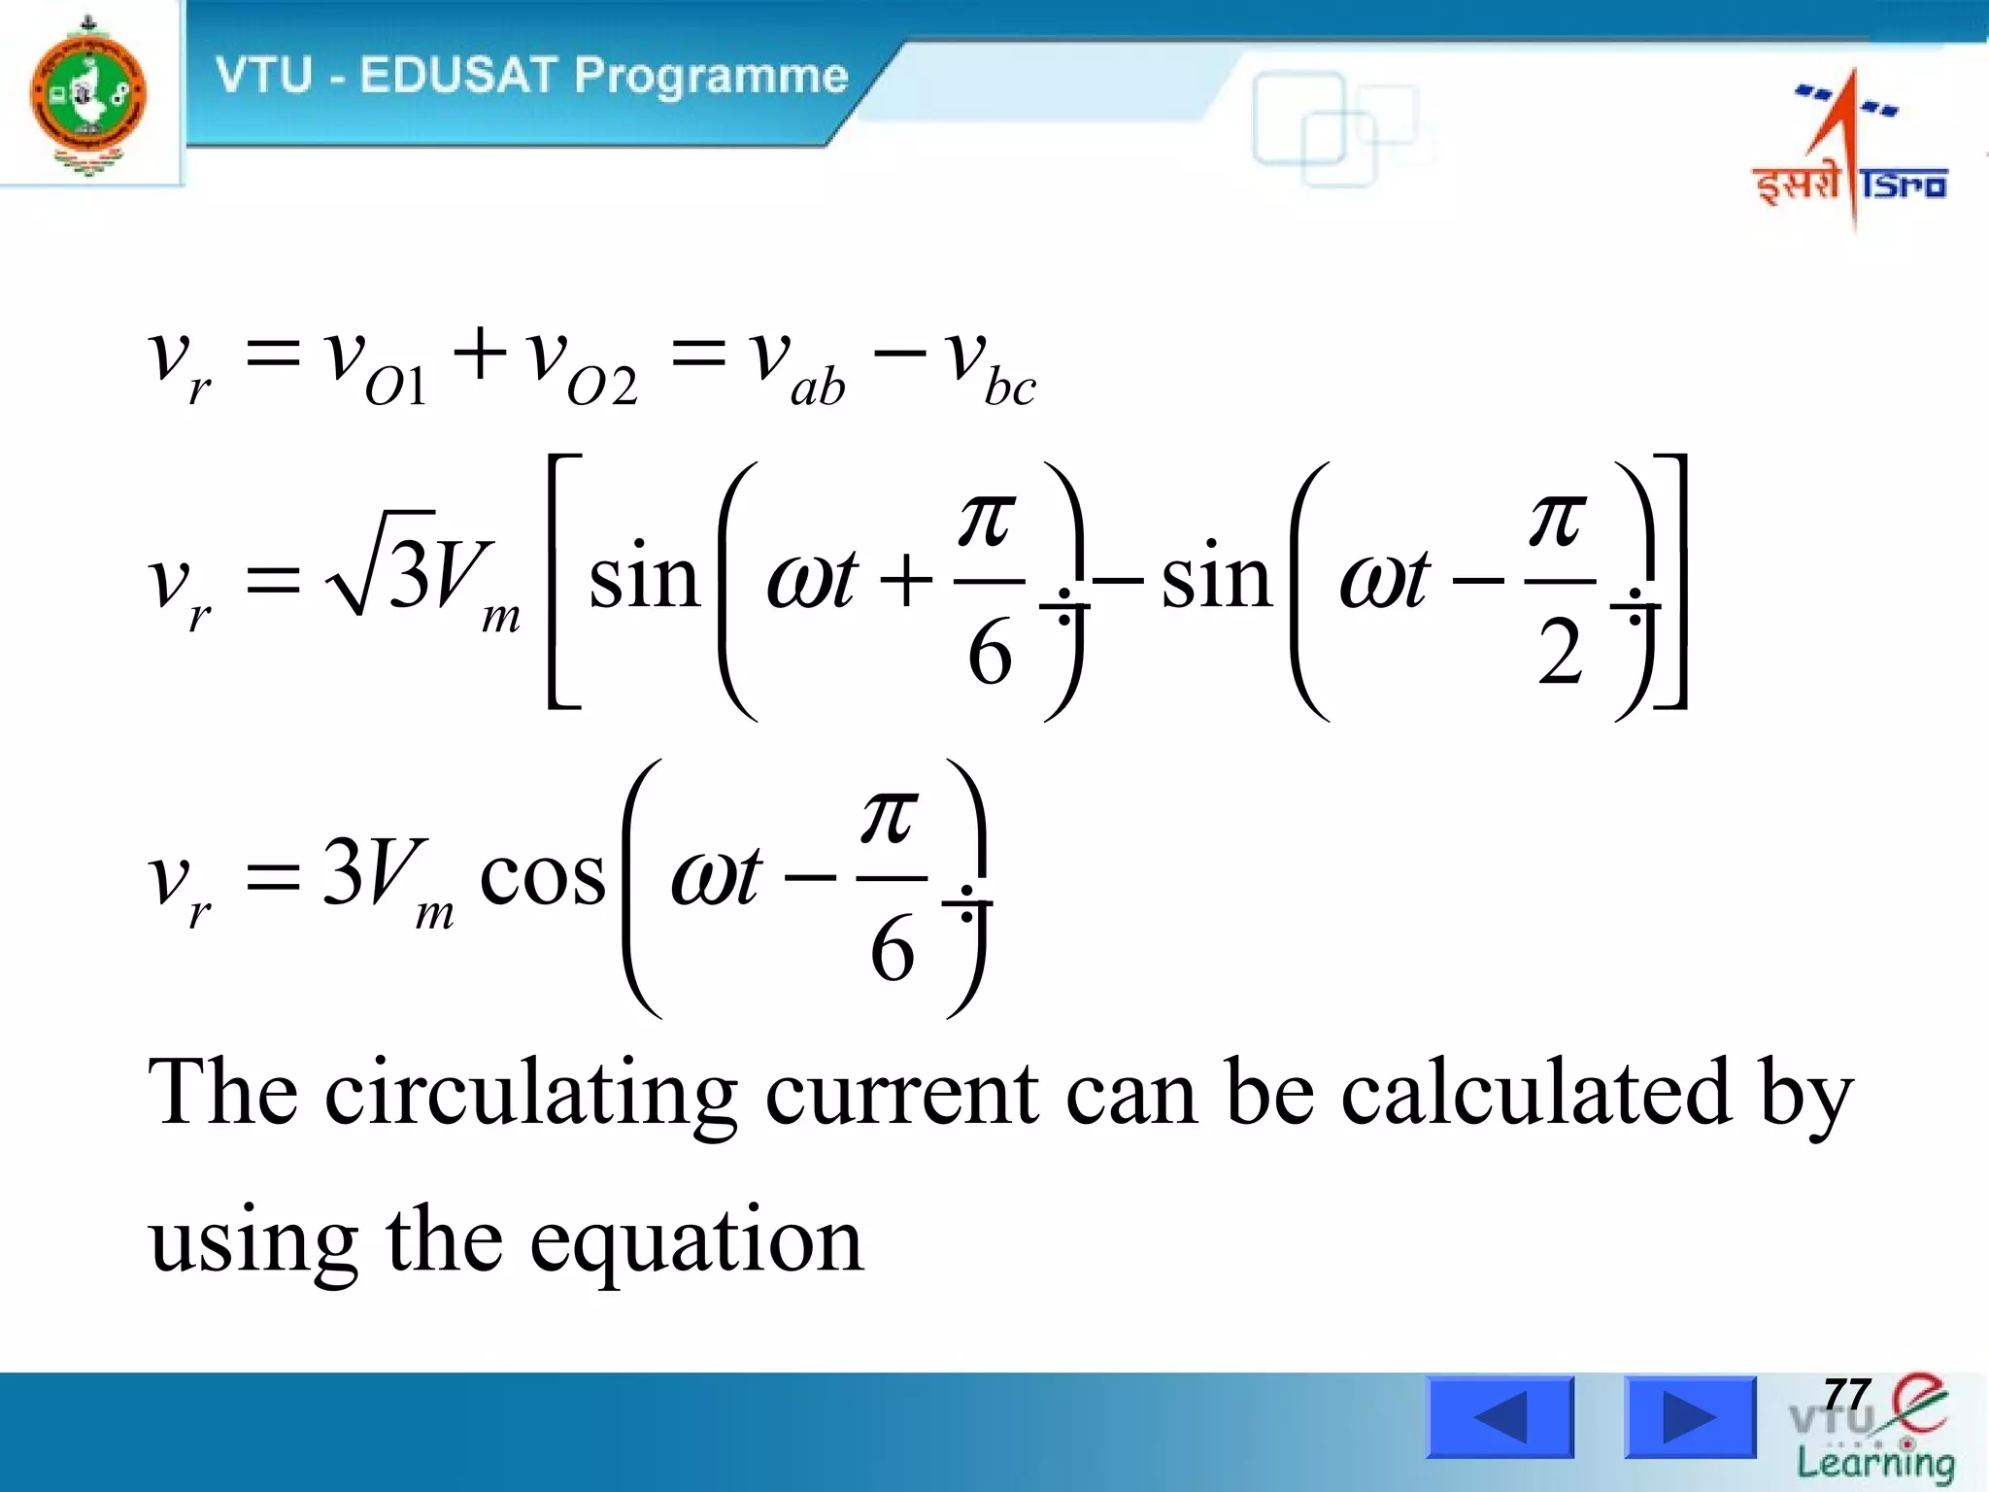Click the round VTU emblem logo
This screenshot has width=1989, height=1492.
click(x=88, y=95)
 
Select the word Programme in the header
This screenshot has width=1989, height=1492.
click(x=711, y=77)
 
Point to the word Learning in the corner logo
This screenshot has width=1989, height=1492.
click(x=1875, y=1463)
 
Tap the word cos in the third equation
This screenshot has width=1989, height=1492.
click(x=542, y=875)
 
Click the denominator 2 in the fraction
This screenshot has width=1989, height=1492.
click(x=1560, y=654)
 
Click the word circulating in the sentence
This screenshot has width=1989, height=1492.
click(x=530, y=1095)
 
